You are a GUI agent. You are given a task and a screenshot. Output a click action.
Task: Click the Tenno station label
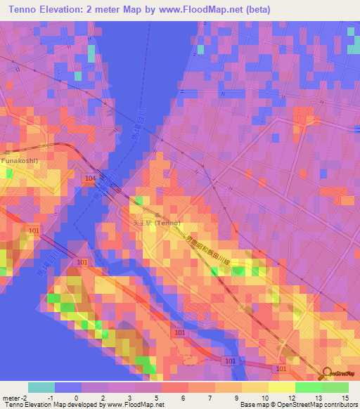pos(157,223)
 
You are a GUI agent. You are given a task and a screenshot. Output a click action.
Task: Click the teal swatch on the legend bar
pos(41,387)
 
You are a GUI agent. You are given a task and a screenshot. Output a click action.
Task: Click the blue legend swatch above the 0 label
pos(67,387)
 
